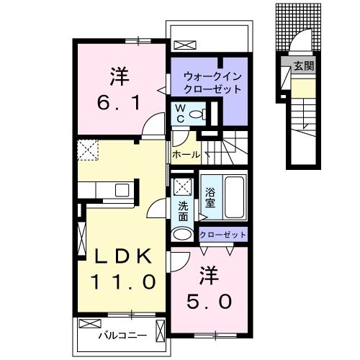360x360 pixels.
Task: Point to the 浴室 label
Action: point(210,197)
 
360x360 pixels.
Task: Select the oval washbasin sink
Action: point(183,233)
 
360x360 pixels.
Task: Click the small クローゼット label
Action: point(222,234)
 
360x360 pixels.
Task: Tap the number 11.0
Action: point(120,281)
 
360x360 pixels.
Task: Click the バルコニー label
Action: point(123,336)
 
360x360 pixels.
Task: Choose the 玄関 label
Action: point(302,66)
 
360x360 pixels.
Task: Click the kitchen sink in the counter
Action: point(121,190)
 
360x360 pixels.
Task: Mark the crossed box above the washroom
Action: point(183,186)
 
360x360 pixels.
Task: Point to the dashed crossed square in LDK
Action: point(89,149)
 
